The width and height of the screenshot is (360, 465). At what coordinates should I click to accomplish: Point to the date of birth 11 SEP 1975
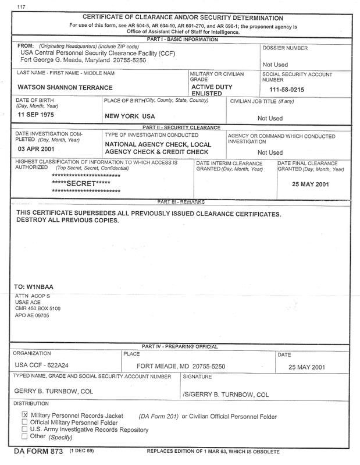40,116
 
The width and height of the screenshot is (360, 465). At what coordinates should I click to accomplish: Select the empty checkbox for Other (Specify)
24,436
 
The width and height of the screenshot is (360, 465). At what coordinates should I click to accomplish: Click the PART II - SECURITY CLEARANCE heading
181,127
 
